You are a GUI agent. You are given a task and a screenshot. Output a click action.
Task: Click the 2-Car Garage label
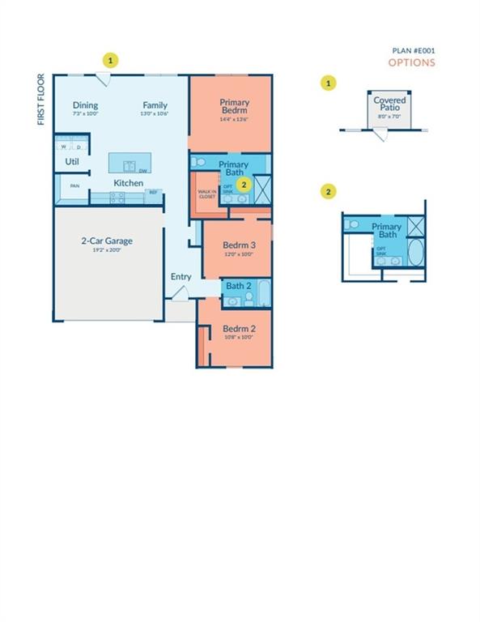pos(106,241)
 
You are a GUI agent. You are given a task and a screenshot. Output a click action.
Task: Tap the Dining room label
pos(85,105)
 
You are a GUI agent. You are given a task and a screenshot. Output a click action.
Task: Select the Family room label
pos(155,105)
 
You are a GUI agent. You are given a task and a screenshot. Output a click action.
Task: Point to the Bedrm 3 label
pos(239,245)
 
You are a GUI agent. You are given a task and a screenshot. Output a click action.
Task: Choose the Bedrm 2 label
pos(239,328)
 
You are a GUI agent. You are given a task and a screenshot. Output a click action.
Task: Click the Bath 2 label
pos(239,286)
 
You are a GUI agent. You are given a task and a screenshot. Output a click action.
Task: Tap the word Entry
pos(181,277)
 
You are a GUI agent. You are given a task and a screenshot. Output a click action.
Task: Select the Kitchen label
pos(128,183)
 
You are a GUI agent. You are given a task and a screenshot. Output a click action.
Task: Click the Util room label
pos(72,162)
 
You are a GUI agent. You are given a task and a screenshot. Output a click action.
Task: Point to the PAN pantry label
pos(74,186)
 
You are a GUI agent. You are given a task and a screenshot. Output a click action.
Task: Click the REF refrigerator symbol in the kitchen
pos(152,193)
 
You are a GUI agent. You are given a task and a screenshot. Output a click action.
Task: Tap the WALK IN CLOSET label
pos(207,194)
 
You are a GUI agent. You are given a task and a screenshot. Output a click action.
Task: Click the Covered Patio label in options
pos(389,104)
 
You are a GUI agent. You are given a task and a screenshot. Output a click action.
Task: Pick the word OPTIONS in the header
pos(411,62)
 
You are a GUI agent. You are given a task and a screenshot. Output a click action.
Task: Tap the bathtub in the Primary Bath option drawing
pos(414,253)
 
